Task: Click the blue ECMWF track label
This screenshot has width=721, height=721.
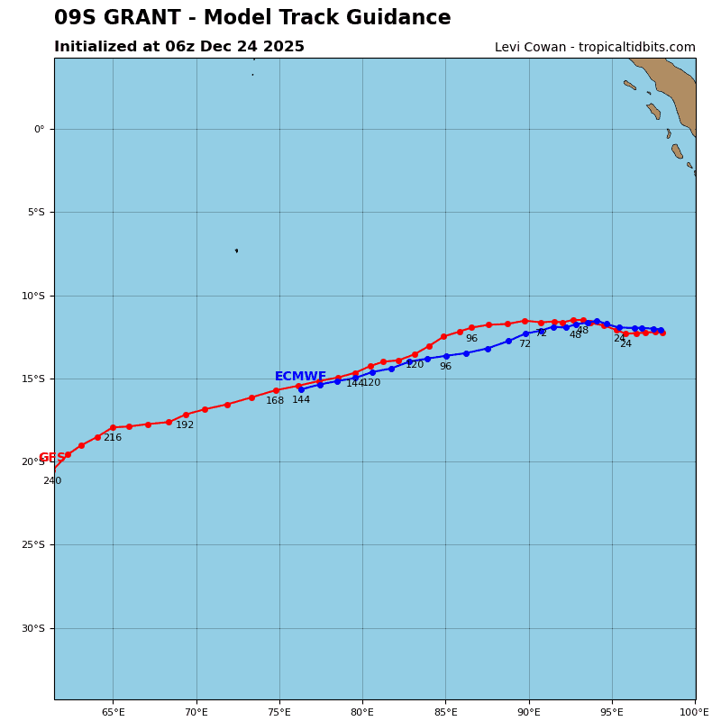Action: (300, 377)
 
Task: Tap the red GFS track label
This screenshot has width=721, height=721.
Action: (50, 458)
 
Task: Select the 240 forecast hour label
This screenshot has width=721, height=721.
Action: (52, 481)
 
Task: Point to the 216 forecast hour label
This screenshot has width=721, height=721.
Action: (112, 438)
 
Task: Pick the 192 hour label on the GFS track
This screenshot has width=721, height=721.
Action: (185, 425)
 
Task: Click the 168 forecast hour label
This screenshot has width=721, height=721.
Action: (275, 401)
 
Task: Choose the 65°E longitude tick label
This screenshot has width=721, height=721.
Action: (113, 713)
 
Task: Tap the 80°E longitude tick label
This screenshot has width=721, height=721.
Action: (362, 713)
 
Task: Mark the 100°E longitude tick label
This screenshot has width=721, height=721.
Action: (694, 713)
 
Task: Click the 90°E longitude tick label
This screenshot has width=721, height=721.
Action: (529, 713)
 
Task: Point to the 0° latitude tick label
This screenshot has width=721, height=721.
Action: (39, 129)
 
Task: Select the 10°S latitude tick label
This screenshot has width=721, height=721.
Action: (33, 296)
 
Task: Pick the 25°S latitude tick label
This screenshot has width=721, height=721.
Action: (33, 545)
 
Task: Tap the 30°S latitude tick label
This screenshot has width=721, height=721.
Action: (33, 628)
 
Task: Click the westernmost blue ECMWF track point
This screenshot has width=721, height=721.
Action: (301, 389)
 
